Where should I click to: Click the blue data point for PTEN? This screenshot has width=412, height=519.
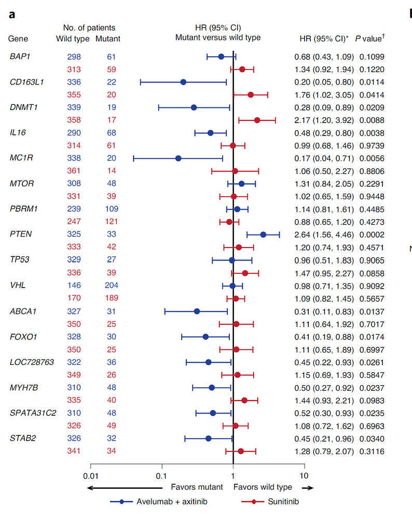pyautogui.click(x=263, y=235)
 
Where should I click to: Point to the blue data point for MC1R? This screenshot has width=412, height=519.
pyautogui.click(x=178, y=158)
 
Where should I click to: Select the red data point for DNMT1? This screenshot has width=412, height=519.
pyautogui.click(x=257, y=120)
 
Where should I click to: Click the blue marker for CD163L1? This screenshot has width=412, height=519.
pyautogui.click(x=183, y=82)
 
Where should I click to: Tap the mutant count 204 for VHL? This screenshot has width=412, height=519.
pyautogui.click(x=111, y=285)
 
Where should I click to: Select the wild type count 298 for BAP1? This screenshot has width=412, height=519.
pyautogui.click(x=74, y=56)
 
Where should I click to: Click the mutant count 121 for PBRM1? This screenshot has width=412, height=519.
pyautogui.click(x=111, y=222)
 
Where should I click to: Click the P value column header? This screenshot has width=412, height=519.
pyautogui.click(x=372, y=38)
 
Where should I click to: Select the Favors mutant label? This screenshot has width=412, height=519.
pyautogui.click(x=197, y=487)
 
